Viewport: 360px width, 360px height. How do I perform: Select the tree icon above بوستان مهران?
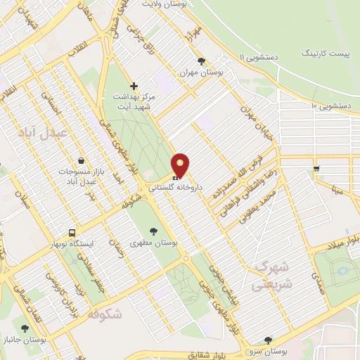coord(202,61)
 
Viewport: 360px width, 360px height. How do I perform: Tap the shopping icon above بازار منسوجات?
coord(82,160)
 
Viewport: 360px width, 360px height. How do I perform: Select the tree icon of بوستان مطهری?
coord(153,230)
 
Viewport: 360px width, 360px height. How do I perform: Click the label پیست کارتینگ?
coord(324,53)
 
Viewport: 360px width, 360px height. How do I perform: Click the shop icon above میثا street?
coord(317,168)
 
